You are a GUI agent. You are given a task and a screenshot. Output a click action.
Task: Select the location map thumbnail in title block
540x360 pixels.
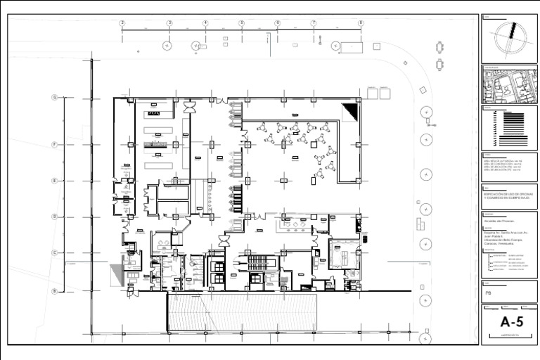click(510, 86)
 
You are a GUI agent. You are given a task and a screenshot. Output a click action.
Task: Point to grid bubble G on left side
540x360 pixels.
click(54, 97)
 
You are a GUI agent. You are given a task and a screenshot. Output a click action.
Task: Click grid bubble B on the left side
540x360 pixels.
click(54, 290)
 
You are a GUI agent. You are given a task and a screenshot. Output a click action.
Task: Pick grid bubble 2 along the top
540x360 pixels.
click(122, 23)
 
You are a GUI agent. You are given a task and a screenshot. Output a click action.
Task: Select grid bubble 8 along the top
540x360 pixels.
click(361, 23)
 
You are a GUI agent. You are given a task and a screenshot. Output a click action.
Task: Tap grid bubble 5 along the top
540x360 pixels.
click(241, 23)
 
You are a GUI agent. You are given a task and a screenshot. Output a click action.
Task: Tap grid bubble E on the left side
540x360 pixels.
click(54, 181)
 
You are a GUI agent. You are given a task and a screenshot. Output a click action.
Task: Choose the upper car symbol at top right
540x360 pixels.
click(439, 47)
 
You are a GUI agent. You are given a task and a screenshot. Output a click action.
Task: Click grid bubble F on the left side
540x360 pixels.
click(54, 144)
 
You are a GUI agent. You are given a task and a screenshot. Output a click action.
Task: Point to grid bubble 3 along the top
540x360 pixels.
click(169, 23)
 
